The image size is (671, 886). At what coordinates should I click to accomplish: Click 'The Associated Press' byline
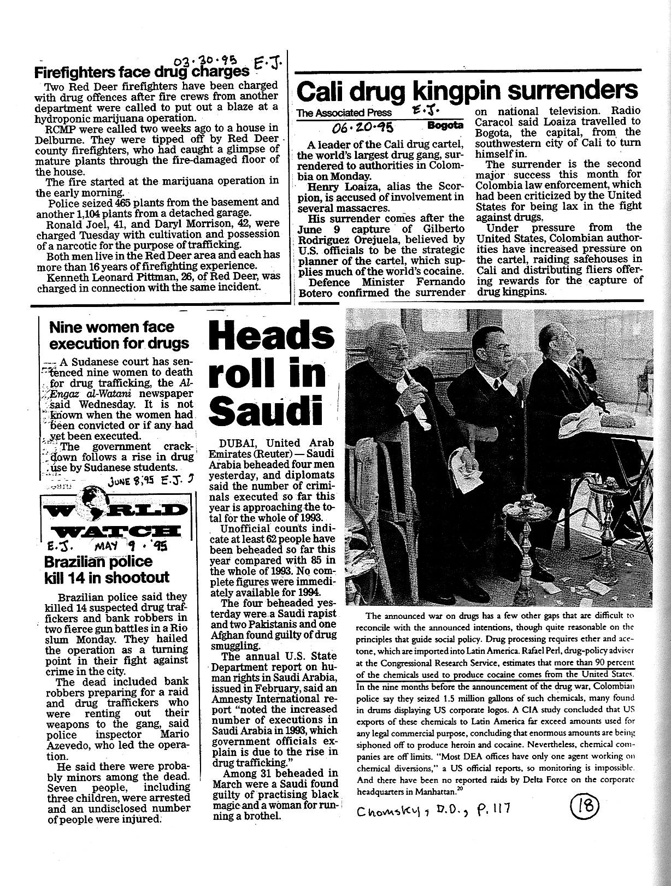pyautogui.click(x=344, y=113)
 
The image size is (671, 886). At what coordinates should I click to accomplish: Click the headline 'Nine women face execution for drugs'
pyautogui.click(x=119, y=335)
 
